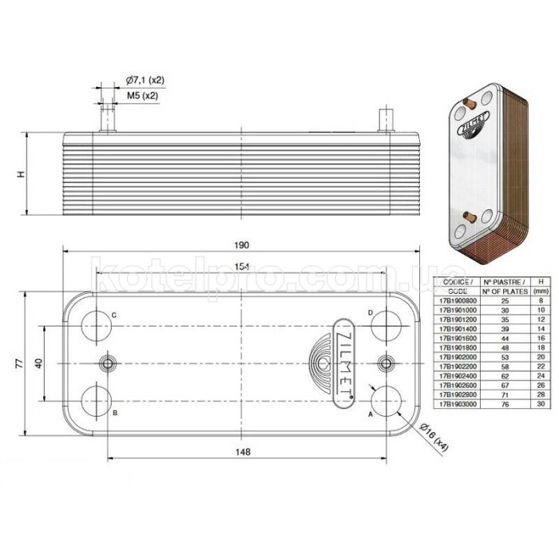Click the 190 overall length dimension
point(243,244)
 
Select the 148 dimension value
point(244,452)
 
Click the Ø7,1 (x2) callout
point(145,81)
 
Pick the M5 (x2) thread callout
point(142,95)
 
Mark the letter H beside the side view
point(22,173)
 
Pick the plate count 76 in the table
point(503,404)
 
